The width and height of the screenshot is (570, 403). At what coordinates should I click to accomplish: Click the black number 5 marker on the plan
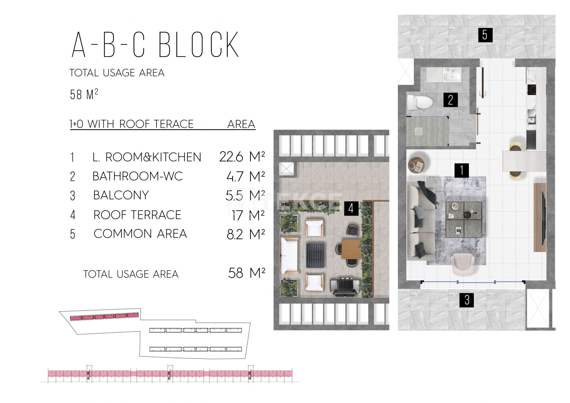coord(485,35)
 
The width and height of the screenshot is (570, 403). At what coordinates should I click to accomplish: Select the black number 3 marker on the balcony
coord(467,300)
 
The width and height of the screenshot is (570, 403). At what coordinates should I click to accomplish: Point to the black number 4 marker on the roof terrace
coord(351,208)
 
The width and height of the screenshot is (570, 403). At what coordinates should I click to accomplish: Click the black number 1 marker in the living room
coord(462,170)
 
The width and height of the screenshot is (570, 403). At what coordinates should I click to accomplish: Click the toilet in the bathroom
coord(420,102)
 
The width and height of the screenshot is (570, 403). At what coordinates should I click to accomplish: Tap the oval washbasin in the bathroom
coord(452,76)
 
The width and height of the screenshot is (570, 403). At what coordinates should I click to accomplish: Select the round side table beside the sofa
coord(416,165)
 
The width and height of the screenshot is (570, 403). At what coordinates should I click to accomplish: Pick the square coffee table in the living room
coord(464,219)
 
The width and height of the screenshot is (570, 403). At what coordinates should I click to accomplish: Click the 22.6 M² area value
coord(242,157)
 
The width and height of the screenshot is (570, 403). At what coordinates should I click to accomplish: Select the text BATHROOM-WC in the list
coord(138,176)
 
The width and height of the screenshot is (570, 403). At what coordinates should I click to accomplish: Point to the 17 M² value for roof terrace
coord(248,215)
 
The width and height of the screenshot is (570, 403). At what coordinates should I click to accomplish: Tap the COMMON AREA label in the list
coord(140,234)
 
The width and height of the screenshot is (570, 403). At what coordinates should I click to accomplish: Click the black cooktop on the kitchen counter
coord(532,90)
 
